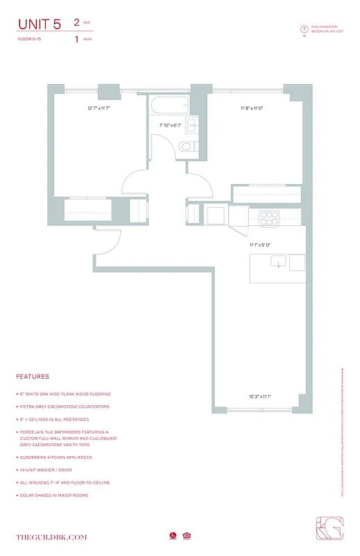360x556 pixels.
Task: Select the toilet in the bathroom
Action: click(x=185, y=147)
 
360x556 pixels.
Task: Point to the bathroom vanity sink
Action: click(x=191, y=125)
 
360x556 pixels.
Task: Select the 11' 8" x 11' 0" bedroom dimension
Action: click(x=254, y=108)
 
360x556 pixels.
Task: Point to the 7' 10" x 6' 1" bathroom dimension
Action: click(x=170, y=126)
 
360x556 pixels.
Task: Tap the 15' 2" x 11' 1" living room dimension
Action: click(x=261, y=397)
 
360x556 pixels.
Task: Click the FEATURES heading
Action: click(x=33, y=377)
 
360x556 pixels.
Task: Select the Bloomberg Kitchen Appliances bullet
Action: click(x=54, y=457)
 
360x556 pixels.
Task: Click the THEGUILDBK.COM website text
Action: click(x=51, y=537)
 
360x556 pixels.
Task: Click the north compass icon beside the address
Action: click(x=304, y=29)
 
